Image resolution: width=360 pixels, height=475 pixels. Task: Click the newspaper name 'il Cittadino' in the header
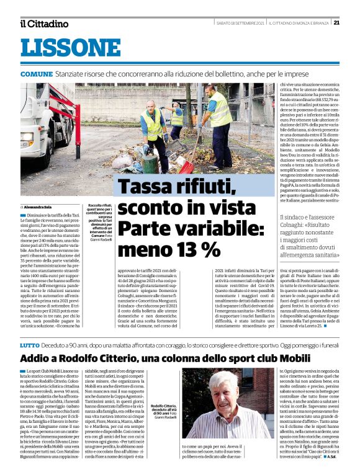click(43, 24)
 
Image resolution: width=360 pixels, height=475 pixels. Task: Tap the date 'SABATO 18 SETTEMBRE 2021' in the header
click(242, 23)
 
